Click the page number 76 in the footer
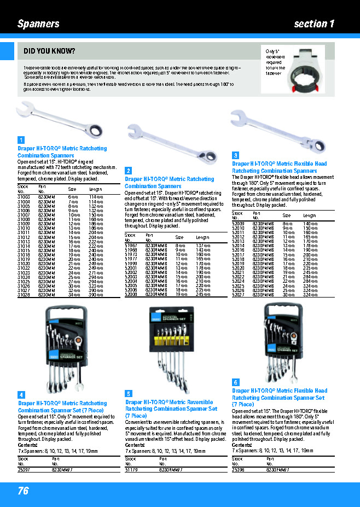[23, 491]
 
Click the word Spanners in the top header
[38, 24]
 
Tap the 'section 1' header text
[313, 24]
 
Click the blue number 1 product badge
[21, 141]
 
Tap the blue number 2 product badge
[128, 171]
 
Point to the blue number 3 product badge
[235, 155]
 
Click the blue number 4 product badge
[21, 394]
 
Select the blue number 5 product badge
[128, 393]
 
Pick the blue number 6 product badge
[235, 382]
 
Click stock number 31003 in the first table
[24, 196]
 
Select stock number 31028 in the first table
[24, 295]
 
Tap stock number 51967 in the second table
[131, 246]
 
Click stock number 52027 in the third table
[238, 295]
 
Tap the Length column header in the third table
[309, 216]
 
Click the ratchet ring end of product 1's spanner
[97, 129]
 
